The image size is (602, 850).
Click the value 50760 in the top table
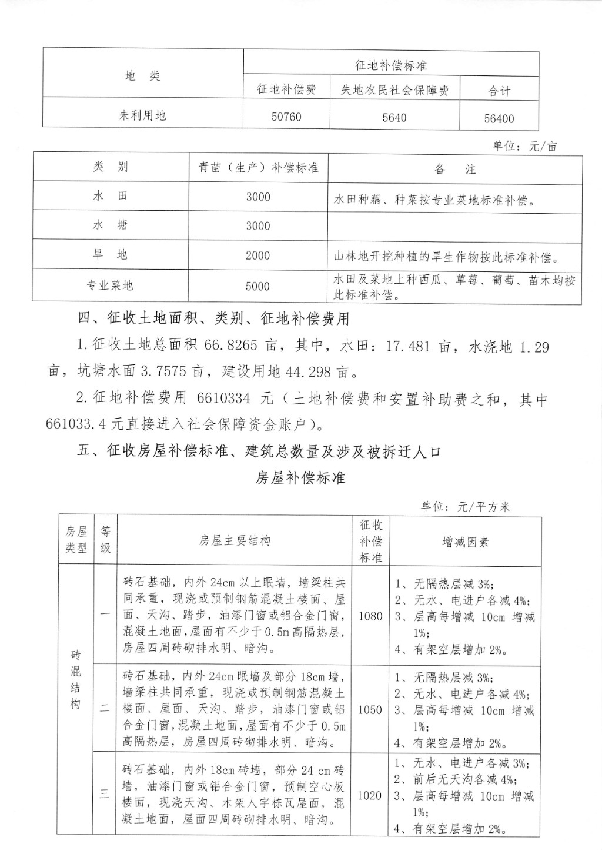pyautogui.click(x=286, y=117)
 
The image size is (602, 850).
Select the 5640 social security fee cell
pyautogui.click(x=394, y=117)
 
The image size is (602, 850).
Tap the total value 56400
pyautogui.click(x=499, y=118)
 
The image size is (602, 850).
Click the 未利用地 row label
pyautogui.click(x=142, y=115)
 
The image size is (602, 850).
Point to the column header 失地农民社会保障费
pyautogui.click(x=394, y=90)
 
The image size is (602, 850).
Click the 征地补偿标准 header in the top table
pyautogui.click(x=391, y=65)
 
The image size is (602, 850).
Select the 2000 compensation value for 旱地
pyautogui.click(x=258, y=255)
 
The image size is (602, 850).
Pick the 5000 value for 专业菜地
pyautogui.click(x=258, y=286)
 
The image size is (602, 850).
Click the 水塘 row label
pyautogui.click(x=110, y=225)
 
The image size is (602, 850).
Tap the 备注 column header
pyautogui.click(x=454, y=170)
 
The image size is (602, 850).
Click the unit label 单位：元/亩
pyautogui.click(x=524, y=146)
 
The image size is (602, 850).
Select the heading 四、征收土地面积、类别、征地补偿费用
pyautogui.click(x=214, y=318)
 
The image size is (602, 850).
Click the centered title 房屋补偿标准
pyautogui.click(x=300, y=477)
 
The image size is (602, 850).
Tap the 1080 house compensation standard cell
pyautogui.click(x=370, y=616)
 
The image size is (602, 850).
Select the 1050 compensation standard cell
pyautogui.click(x=370, y=709)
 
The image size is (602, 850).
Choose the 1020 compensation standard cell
pyautogui.click(x=370, y=795)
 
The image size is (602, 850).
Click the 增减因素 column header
pyautogui.click(x=465, y=542)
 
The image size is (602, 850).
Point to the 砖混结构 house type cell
pyautogui.click(x=75, y=679)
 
